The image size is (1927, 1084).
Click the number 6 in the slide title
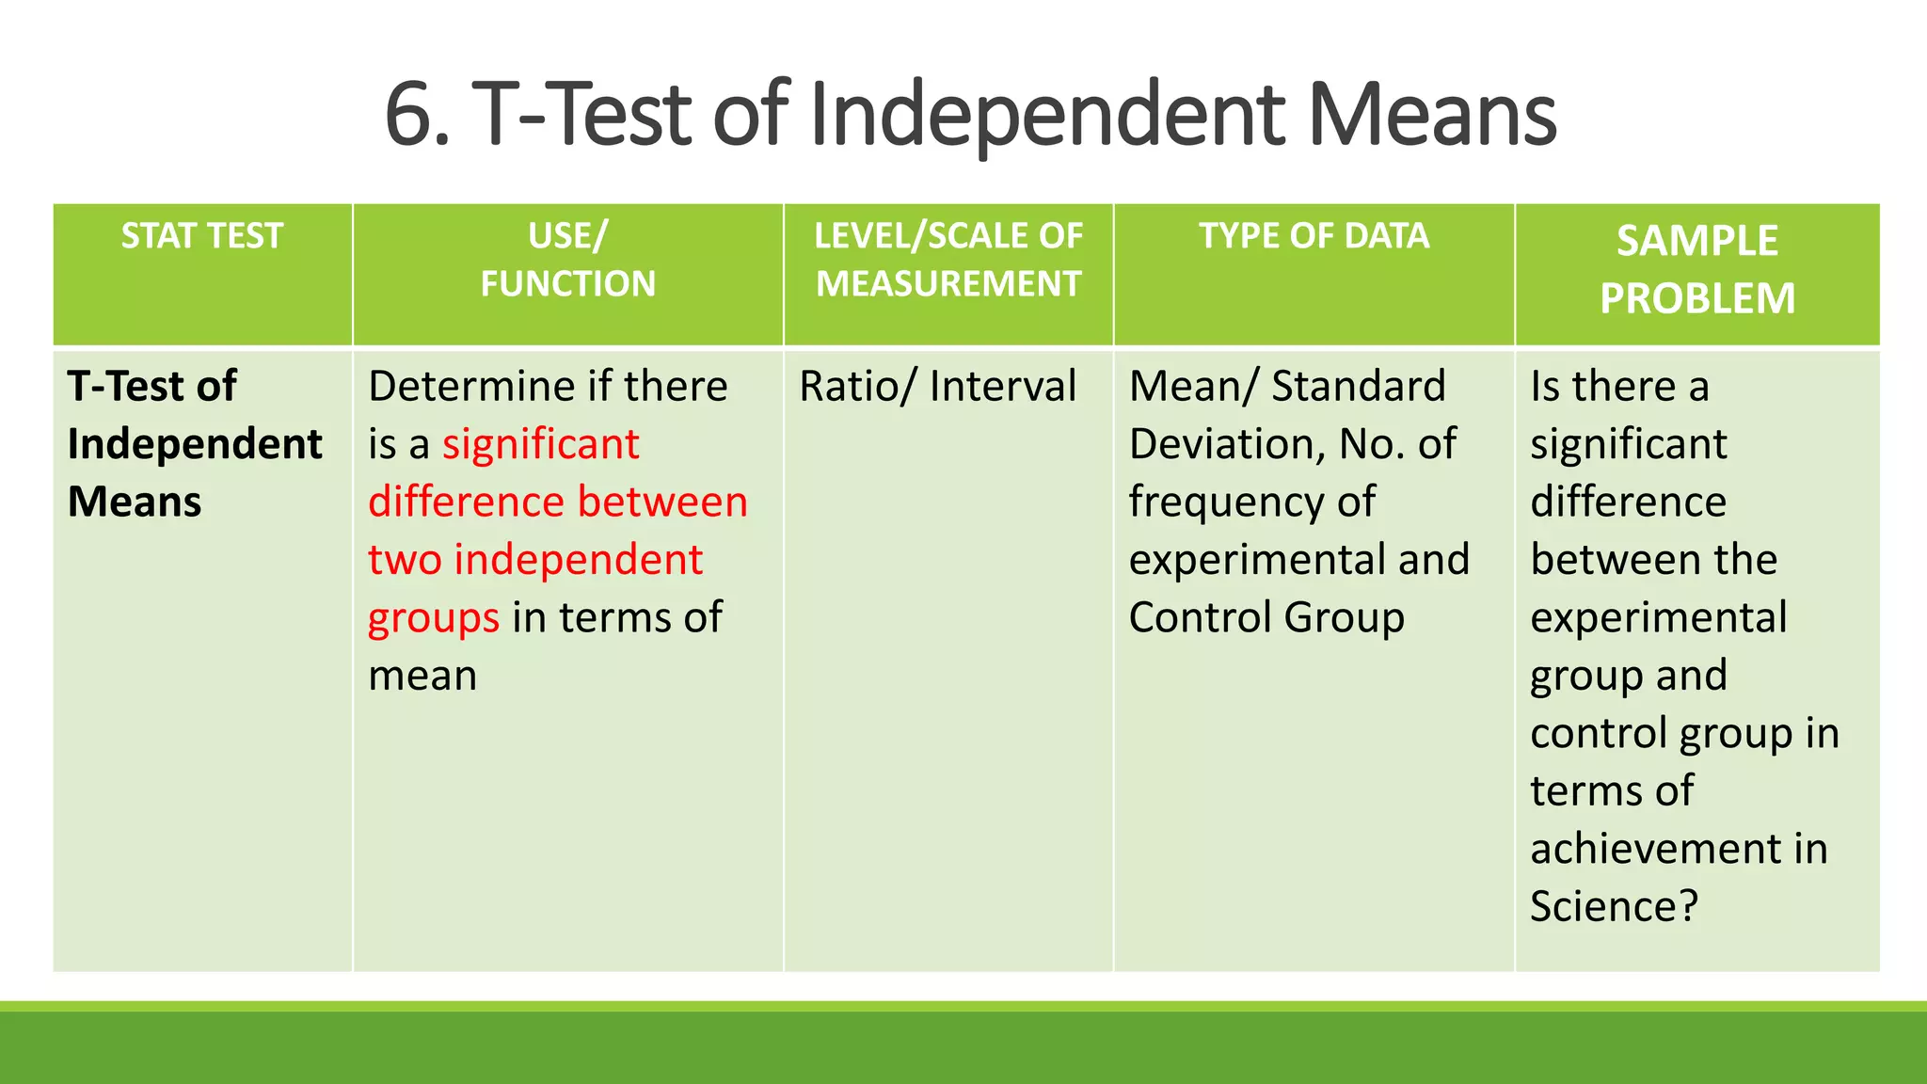[411, 115]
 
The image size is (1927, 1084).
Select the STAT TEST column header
[201, 236]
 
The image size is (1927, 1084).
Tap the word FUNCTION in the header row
[567, 284]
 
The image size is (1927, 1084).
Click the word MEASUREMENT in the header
[948, 284]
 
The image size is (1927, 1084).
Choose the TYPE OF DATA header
[1314, 236]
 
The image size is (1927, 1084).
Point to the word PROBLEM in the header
[1696, 298]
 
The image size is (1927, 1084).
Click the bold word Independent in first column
[195, 444]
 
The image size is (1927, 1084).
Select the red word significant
[541, 444]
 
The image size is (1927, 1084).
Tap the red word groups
[434, 618]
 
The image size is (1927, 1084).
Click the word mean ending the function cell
[422, 676]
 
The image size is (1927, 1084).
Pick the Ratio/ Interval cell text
[937, 387]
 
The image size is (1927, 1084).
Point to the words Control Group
[1266, 618]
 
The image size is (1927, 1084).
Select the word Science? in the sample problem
[1614, 906]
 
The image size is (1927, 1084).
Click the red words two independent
[534, 560]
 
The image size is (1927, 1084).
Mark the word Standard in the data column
[1358, 387]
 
